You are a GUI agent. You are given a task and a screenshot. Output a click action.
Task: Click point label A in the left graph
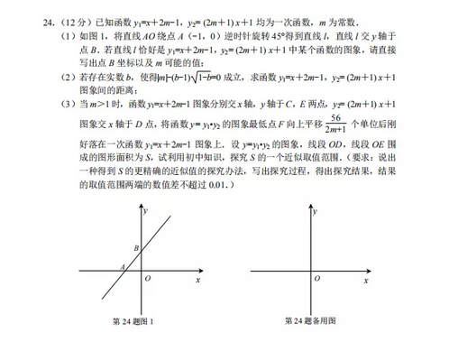pos(121,267)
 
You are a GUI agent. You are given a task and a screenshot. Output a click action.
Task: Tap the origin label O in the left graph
pos(148,278)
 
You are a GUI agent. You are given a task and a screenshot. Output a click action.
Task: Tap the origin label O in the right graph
pos(306,278)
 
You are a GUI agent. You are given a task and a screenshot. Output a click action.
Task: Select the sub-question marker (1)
pos(42,33)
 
